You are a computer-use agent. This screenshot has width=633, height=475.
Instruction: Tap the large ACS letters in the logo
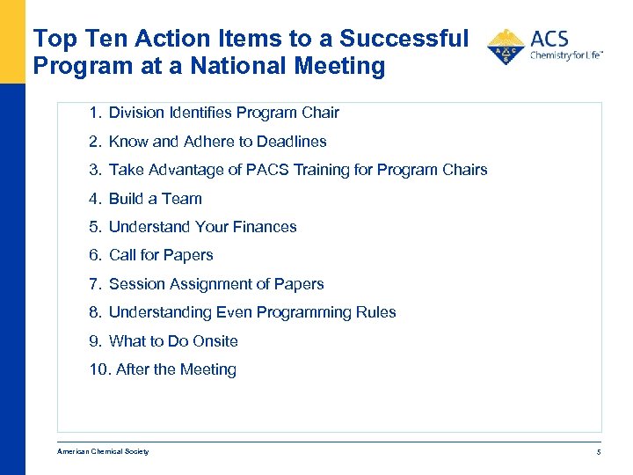point(549,39)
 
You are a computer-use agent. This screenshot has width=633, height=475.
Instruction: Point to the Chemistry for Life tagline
point(565,55)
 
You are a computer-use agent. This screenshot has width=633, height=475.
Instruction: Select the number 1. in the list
point(95,113)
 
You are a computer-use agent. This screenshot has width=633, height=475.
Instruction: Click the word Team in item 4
point(181,199)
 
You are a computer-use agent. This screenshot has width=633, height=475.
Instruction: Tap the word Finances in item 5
point(265,227)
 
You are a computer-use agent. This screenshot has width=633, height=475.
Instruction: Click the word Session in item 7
point(136,284)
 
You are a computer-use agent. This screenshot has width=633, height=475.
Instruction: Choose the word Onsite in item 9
point(215,341)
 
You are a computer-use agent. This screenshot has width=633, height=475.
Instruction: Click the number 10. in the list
point(99,369)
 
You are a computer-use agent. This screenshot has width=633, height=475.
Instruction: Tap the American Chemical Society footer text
point(103,452)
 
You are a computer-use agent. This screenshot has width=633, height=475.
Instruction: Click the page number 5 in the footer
point(598,452)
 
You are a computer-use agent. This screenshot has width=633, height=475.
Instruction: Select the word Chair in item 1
point(320,113)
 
